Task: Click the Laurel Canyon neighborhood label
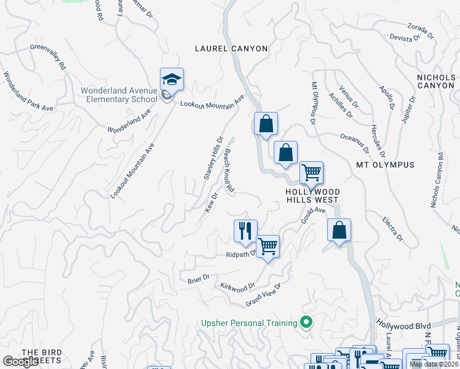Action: click(x=231, y=49)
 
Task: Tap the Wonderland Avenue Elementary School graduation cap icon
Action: click(x=172, y=79)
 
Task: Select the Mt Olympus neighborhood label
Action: click(x=386, y=165)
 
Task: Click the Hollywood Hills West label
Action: click(x=312, y=196)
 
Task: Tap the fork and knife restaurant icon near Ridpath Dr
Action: click(x=245, y=231)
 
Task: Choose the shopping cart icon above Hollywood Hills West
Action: click(x=312, y=172)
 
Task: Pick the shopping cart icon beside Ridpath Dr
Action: click(x=268, y=246)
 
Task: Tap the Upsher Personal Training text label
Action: click(x=248, y=323)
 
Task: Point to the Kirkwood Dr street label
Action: click(x=237, y=287)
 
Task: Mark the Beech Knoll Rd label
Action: click(x=229, y=172)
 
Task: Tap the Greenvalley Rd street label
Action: click(x=47, y=57)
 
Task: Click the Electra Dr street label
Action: click(x=392, y=228)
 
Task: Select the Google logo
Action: click(x=20, y=362)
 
